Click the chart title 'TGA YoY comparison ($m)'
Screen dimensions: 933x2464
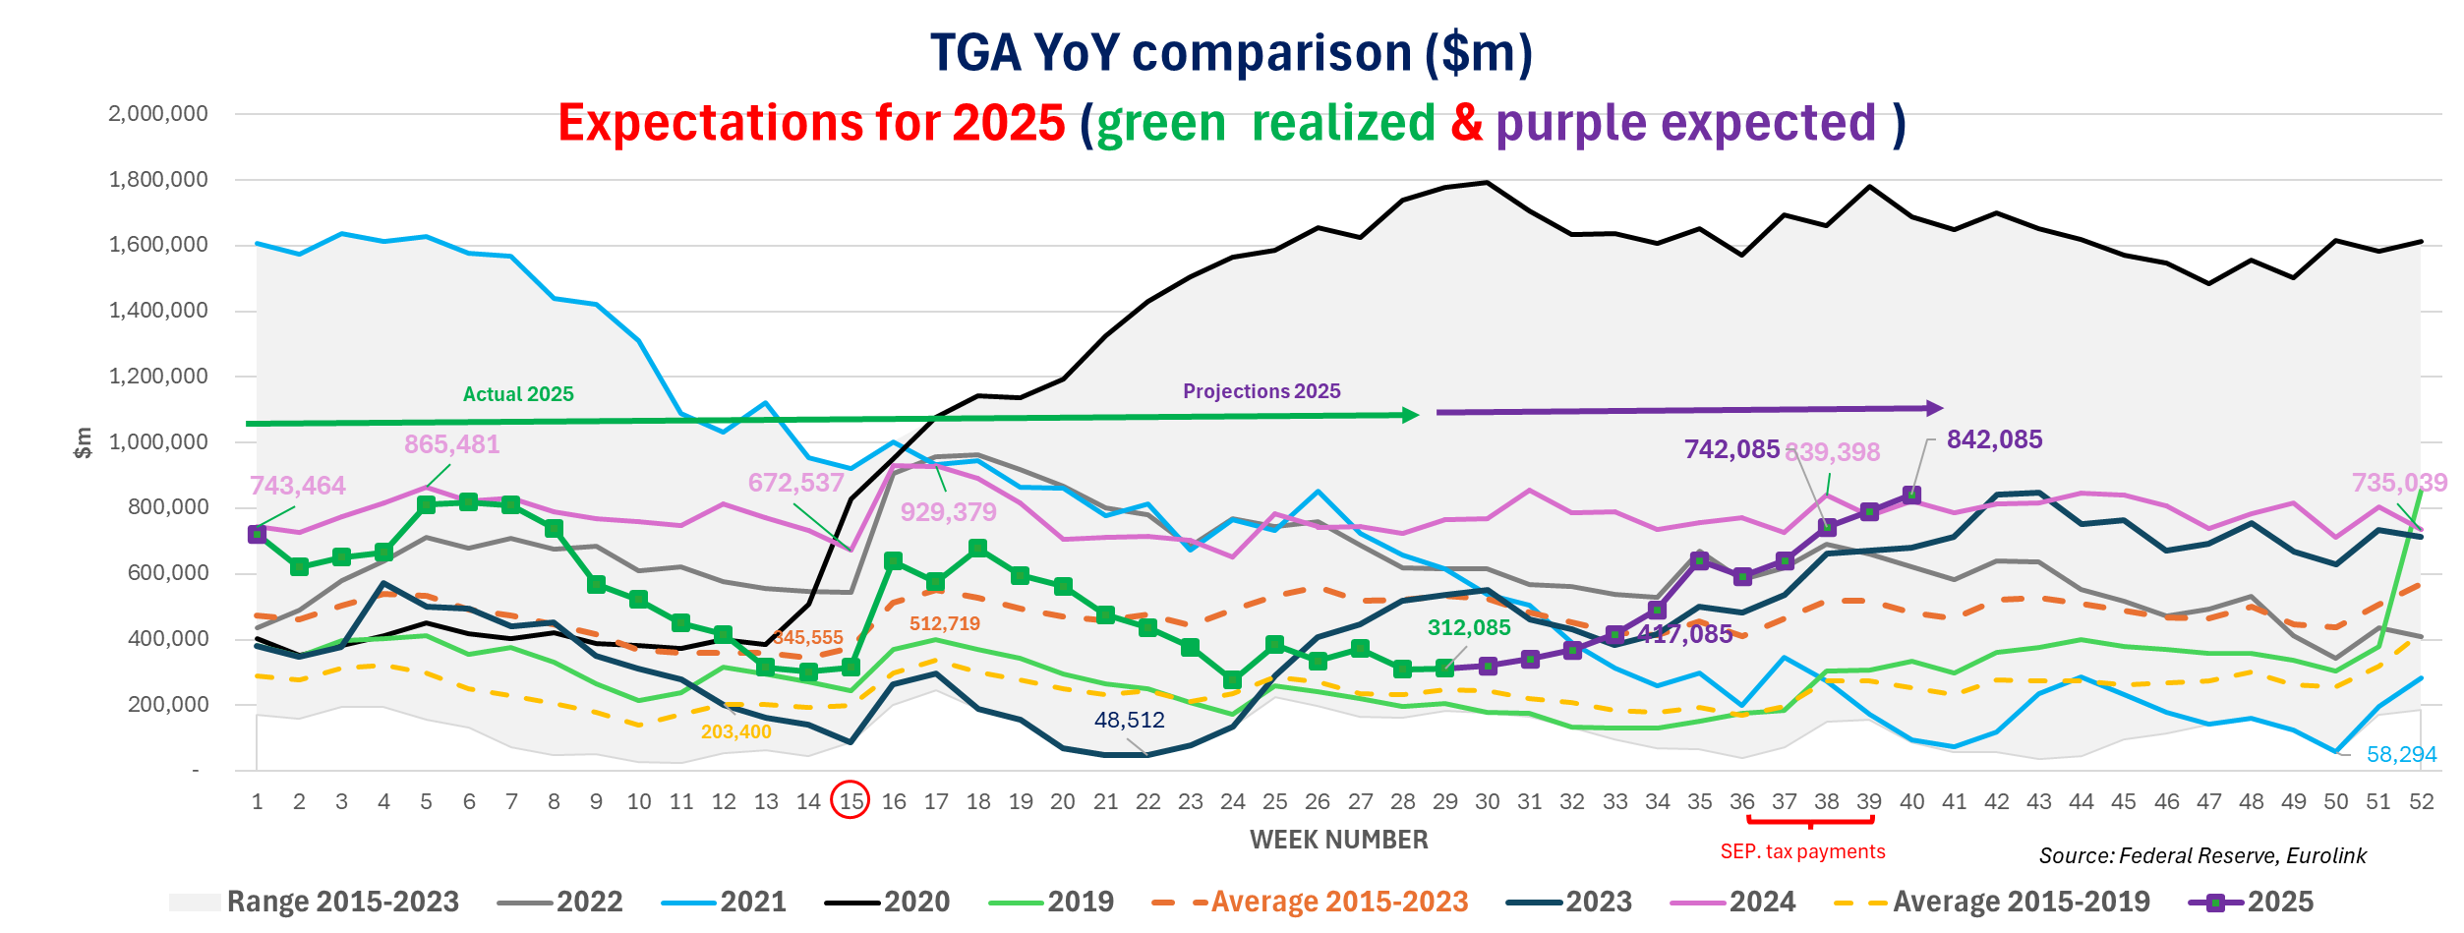coord(1231,52)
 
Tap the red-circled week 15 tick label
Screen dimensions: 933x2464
coord(851,801)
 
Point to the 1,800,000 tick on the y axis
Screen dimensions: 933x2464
coord(158,180)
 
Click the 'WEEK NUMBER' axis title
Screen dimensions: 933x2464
coord(1338,840)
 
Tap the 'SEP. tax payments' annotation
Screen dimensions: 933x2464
coord(1802,851)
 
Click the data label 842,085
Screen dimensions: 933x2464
coord(1994,439)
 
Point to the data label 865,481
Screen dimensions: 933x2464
coord(451,444)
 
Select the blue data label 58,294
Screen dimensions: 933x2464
coord(2401,755)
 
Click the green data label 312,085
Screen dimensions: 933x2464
coord(1469,628)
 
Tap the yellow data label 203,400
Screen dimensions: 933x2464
coord(735,731)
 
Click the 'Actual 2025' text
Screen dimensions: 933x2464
coord(518,394)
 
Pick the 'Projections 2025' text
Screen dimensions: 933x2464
coord(1261,391)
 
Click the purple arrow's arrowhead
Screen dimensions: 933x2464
coord(1934,407)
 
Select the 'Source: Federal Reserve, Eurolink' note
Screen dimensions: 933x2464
coord(2202,855)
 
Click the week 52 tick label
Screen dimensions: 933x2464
coord(2421,801)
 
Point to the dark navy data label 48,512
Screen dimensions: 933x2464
coord(1129,720)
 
